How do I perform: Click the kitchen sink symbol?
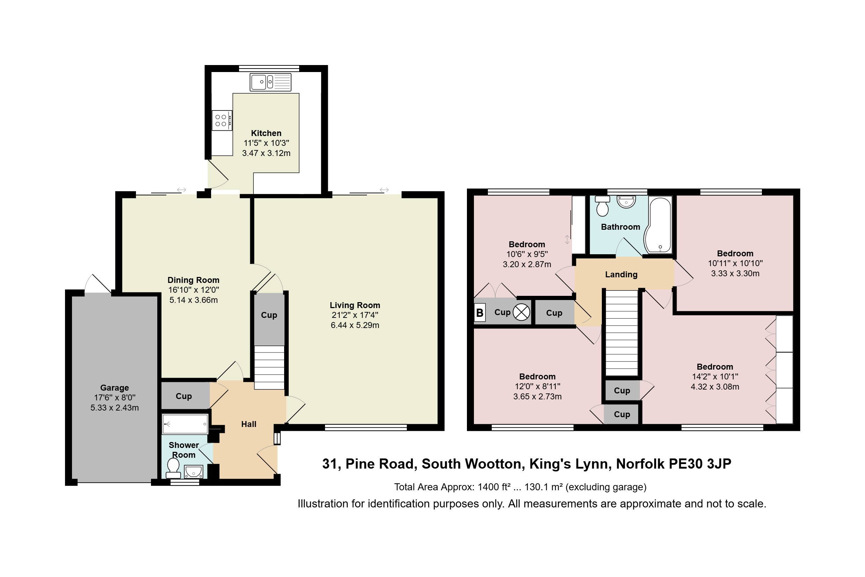[270, 82]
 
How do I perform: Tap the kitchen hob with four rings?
[222, 120]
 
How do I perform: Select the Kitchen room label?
[266, 133]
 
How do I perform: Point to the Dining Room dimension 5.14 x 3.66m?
[194, 300]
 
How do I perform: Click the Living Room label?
[355, 305]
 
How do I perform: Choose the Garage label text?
[114, 388]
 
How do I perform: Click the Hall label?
[248, 424]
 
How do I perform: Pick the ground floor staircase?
[269, 367]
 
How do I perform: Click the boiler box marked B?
[480, 313]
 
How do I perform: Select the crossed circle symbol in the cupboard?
[521, 313]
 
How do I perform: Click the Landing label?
[621, 275]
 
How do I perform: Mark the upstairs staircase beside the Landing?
[621, 333]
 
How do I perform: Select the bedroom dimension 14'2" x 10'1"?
[715, 377]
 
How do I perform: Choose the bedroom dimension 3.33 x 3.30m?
[735, 273]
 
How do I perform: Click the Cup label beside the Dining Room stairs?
[269, 315]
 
